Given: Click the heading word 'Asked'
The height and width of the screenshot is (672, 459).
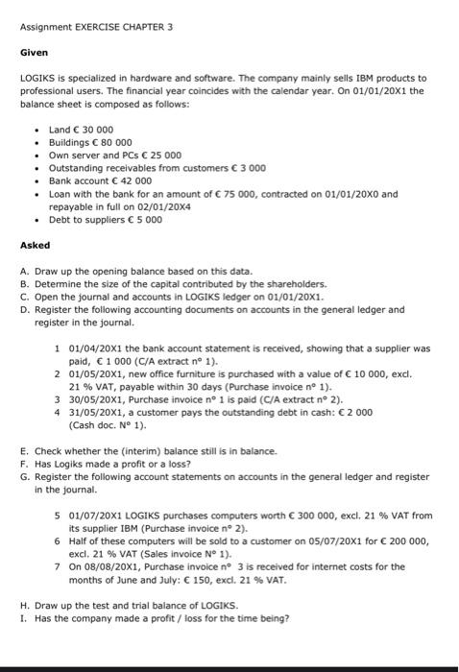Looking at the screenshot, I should (x=35, y=245).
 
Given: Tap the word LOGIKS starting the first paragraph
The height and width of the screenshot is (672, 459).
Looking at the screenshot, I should (x=36, y=77).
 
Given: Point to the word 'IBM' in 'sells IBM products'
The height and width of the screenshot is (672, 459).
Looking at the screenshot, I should (x=333, y=77).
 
